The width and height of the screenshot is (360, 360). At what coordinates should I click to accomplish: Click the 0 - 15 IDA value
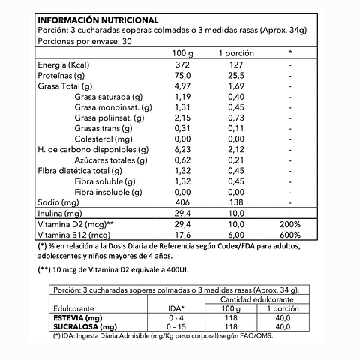pos(177,326)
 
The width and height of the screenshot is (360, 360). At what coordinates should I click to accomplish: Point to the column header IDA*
pos(177,307)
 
